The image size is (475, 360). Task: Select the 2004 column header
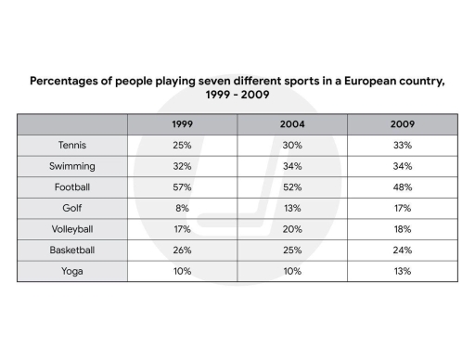(292, 124)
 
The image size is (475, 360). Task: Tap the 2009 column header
(402, 124)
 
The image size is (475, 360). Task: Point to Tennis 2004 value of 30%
(292, 146)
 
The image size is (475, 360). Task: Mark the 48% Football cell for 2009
(402, 187)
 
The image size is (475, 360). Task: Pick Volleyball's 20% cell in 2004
(292, 229)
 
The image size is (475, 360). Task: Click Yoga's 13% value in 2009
(402, 271)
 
